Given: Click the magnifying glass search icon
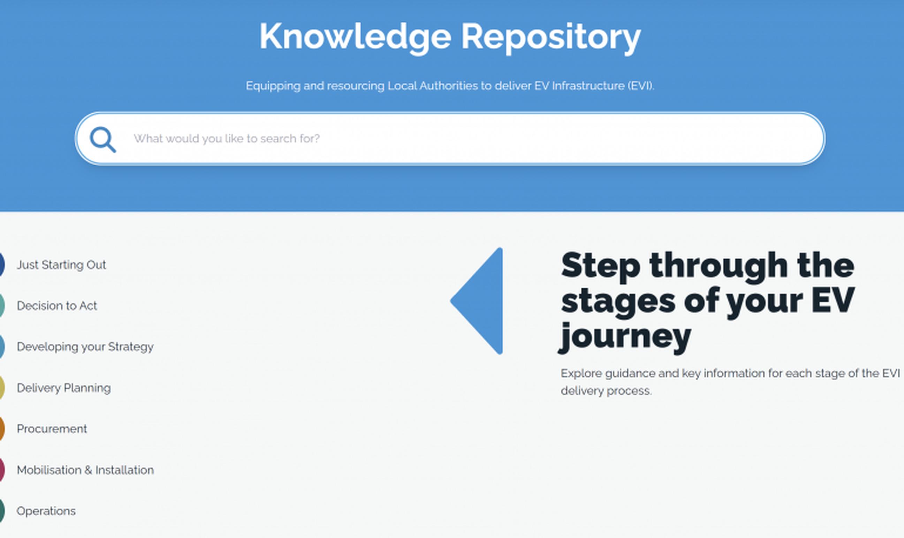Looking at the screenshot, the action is [x=103, y=140].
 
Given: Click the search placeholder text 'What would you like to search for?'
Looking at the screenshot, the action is [x=227, y=139].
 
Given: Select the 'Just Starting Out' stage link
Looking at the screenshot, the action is [x=61, y=265].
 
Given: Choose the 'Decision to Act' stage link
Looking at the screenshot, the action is [x=57, y=306].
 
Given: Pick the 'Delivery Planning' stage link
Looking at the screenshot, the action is [x=64, y=388].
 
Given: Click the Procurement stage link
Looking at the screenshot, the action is [x=52, y=429].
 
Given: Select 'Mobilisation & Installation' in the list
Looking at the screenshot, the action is [x=85, y=470].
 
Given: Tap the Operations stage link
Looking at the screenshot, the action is [x=46, y=511].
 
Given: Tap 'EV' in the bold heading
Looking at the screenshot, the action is [x=833, y=300].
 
